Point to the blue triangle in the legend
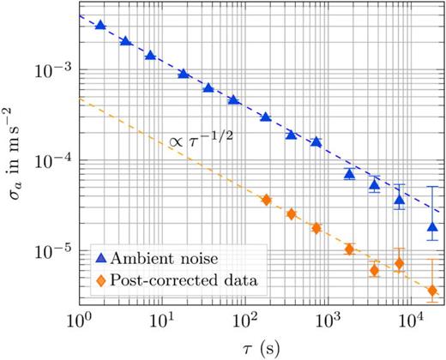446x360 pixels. [100, 257]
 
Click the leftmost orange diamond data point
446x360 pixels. [266, 200]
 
